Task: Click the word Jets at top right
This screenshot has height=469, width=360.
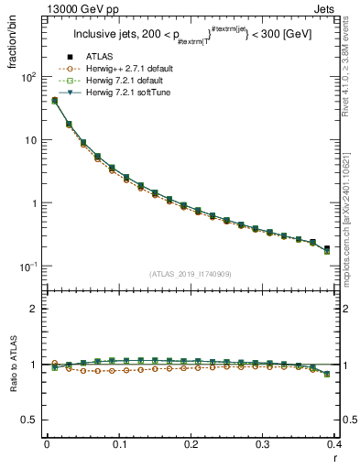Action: click(340, 7)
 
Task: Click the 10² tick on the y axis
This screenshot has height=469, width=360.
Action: click(27, 77)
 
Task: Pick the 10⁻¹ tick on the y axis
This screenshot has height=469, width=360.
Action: click(27, 266)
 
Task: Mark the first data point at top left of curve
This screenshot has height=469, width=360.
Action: click(54, 100)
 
